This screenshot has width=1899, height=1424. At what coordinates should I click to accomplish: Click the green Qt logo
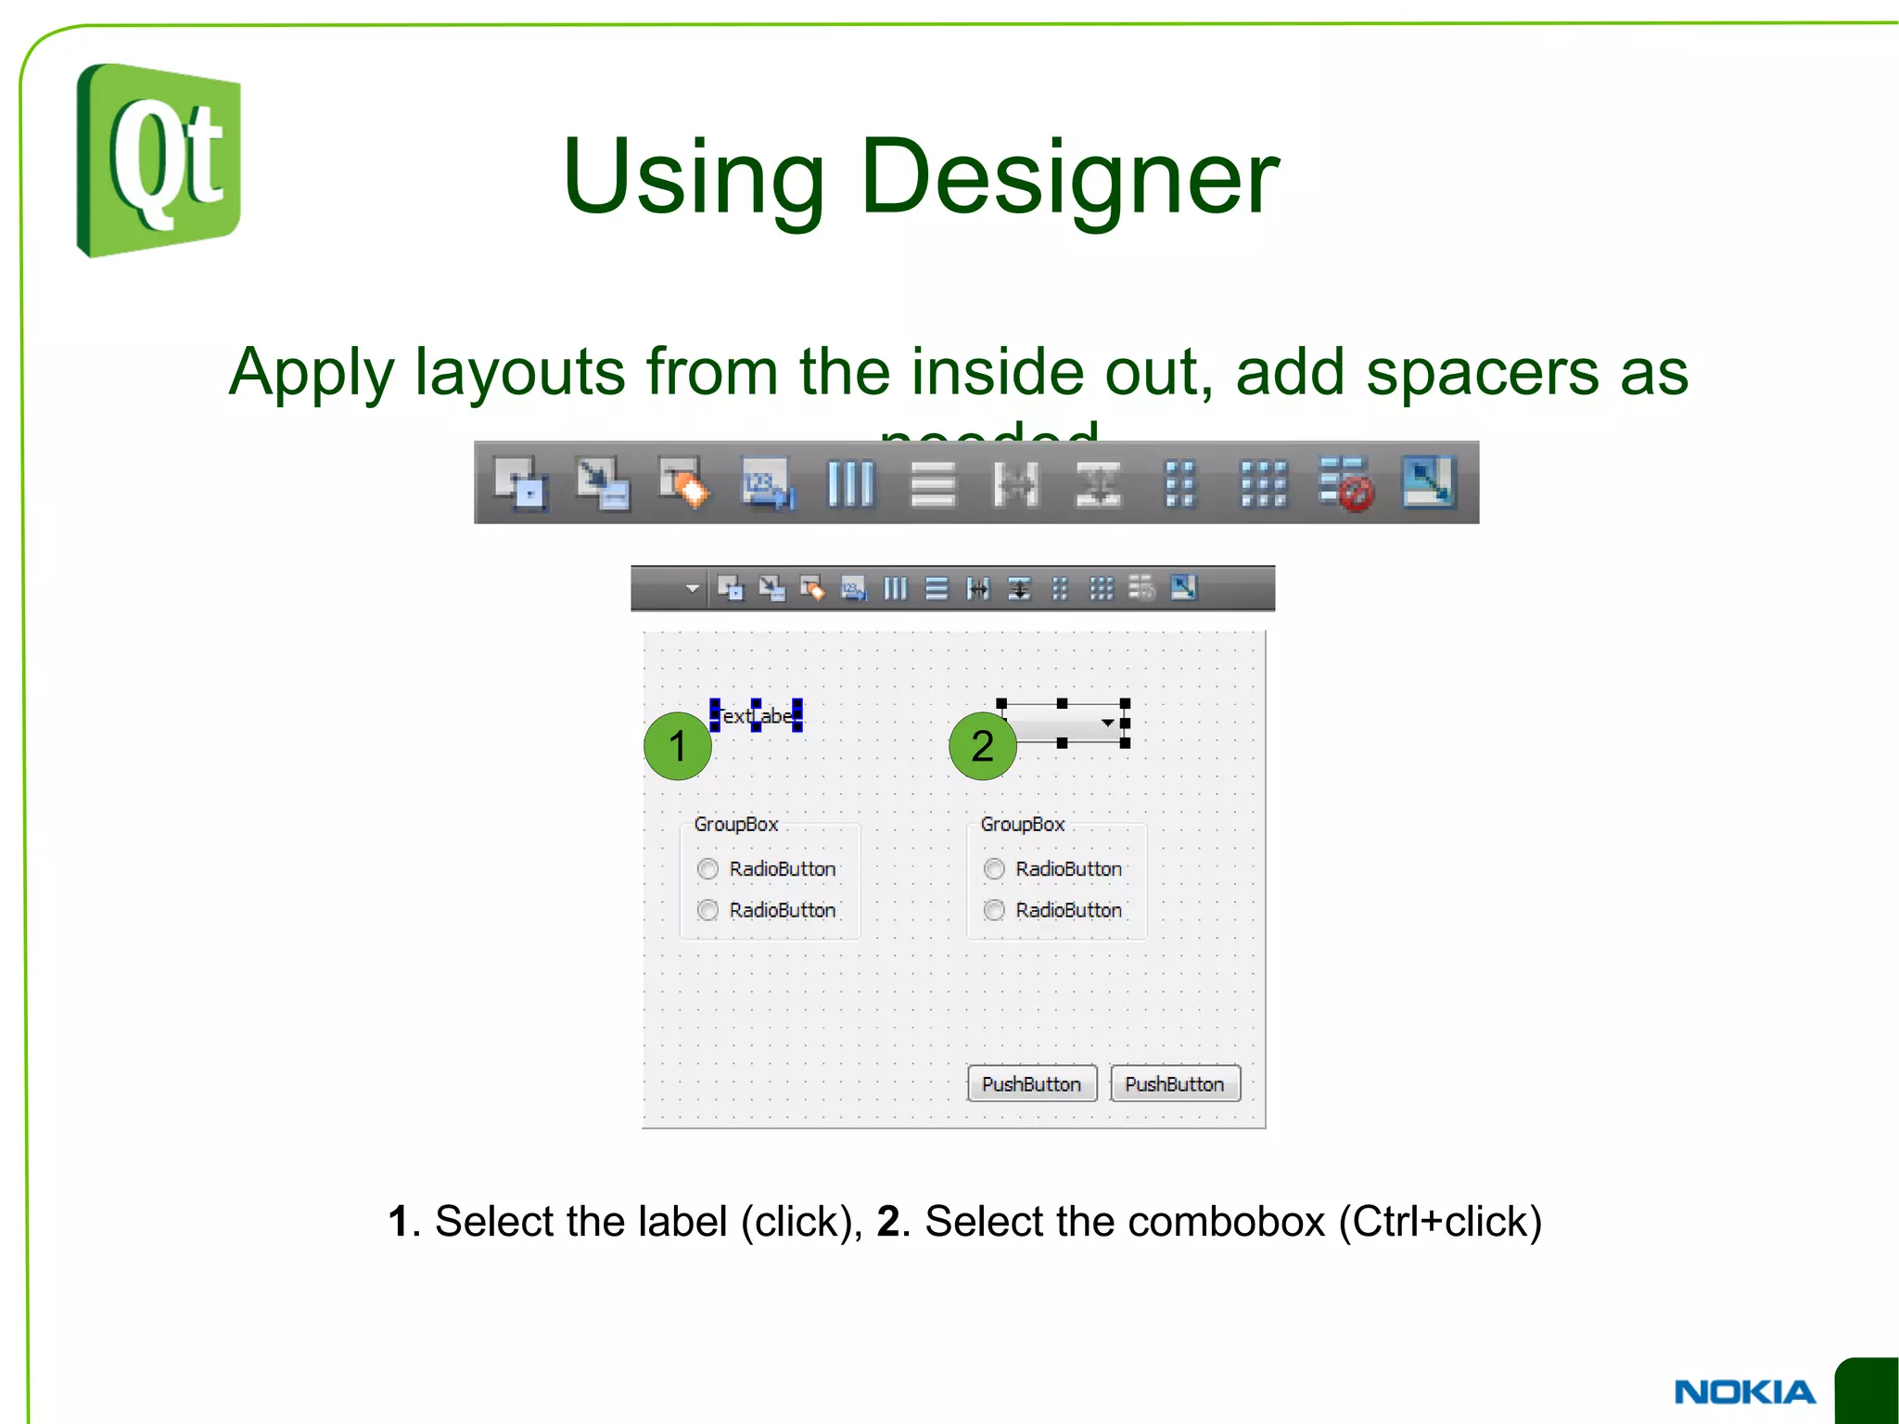tap(159, 160)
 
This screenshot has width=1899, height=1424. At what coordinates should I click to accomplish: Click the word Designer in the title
tap(1070, 176)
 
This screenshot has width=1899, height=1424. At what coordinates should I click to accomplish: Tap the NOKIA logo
tap(1745, 1392)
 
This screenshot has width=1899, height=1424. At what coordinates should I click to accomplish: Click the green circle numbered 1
tap(678, 746)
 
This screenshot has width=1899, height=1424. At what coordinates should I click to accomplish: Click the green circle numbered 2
tap(983, 746)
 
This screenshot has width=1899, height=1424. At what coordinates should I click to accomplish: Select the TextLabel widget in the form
tap(757, 716)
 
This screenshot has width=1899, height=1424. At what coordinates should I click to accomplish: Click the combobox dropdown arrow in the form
tap(1107, 723)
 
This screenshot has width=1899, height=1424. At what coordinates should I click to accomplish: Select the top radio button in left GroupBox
tap(708, 869)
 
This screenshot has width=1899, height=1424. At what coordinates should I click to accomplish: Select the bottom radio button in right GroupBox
tap(994, 910)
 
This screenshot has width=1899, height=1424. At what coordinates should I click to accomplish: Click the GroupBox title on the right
tap(1022, 824)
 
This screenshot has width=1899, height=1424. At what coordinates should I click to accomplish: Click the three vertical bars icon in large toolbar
tap(850, 483)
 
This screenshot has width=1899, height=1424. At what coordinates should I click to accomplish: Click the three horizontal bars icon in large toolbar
tap(932, 483)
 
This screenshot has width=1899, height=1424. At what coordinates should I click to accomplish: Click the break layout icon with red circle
tap(1345, 483)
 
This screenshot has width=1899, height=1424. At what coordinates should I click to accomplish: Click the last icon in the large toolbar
tap(1428, 482)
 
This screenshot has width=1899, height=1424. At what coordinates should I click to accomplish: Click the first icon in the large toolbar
tap(520, 483)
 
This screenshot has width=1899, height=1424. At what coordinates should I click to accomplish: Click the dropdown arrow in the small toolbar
tap(692, 588)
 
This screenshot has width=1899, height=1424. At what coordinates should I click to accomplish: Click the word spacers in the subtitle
tap(1482, 371)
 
